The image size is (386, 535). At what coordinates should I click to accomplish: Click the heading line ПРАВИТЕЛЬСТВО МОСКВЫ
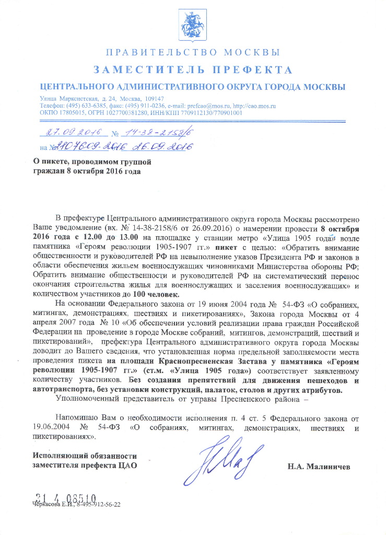click(193, 52)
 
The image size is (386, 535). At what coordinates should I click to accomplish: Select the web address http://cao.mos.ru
click(254, 106)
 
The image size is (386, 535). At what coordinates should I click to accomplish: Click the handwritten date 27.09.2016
click(72, 133)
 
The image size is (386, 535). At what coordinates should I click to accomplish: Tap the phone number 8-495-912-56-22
click(99, 505)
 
